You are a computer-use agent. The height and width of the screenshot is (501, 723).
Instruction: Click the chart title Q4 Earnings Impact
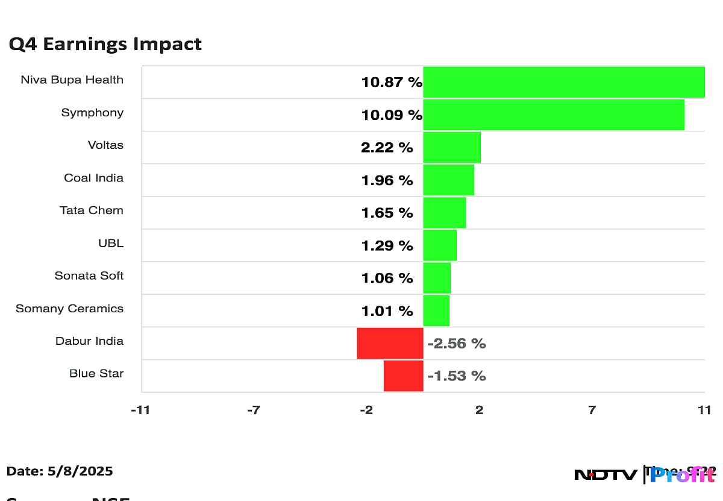105,44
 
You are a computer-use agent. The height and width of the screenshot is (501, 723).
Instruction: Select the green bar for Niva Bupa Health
563,82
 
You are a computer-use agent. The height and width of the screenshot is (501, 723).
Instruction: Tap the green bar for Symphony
553,115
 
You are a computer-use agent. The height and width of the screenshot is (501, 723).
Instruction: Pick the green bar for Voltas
452,147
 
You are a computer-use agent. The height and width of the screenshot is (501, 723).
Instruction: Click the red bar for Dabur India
390,343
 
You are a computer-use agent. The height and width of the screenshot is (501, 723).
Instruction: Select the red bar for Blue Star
403,376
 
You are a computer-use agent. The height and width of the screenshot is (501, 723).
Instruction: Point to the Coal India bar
448,180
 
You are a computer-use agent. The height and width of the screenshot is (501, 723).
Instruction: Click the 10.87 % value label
392,83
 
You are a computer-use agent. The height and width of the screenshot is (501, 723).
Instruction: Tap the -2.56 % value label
456,344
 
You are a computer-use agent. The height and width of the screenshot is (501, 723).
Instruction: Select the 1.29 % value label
387,245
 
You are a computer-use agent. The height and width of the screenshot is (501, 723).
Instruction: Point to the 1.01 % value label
387,310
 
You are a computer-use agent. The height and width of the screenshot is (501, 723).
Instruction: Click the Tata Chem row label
92,210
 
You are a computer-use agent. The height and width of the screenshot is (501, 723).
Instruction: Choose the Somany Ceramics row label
69,308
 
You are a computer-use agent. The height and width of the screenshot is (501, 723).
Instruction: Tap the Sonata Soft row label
89,276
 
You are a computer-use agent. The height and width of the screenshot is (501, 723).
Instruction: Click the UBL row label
110,243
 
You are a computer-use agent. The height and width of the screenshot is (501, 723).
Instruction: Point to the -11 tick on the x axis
140,410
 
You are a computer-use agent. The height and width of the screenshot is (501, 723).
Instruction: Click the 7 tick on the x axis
592,410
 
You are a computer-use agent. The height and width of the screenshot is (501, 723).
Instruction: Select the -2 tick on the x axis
366,410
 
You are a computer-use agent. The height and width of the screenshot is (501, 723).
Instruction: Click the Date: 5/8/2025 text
60,471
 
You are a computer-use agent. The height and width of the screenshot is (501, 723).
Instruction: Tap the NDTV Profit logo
645,474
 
